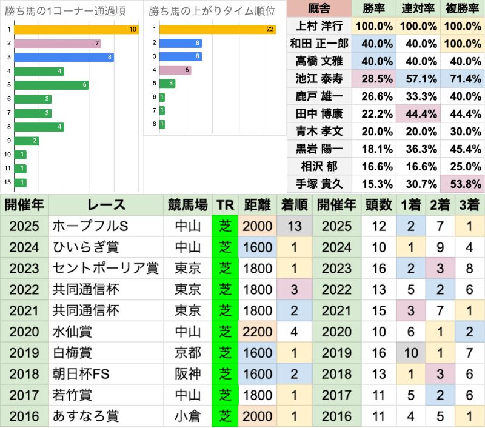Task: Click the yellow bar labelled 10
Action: [76, 29]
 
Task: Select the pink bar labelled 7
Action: [57, 43]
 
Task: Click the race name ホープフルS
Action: [90, 226]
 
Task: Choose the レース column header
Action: [105, 204]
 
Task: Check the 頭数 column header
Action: [378, 204]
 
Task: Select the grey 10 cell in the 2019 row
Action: [410, 353]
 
